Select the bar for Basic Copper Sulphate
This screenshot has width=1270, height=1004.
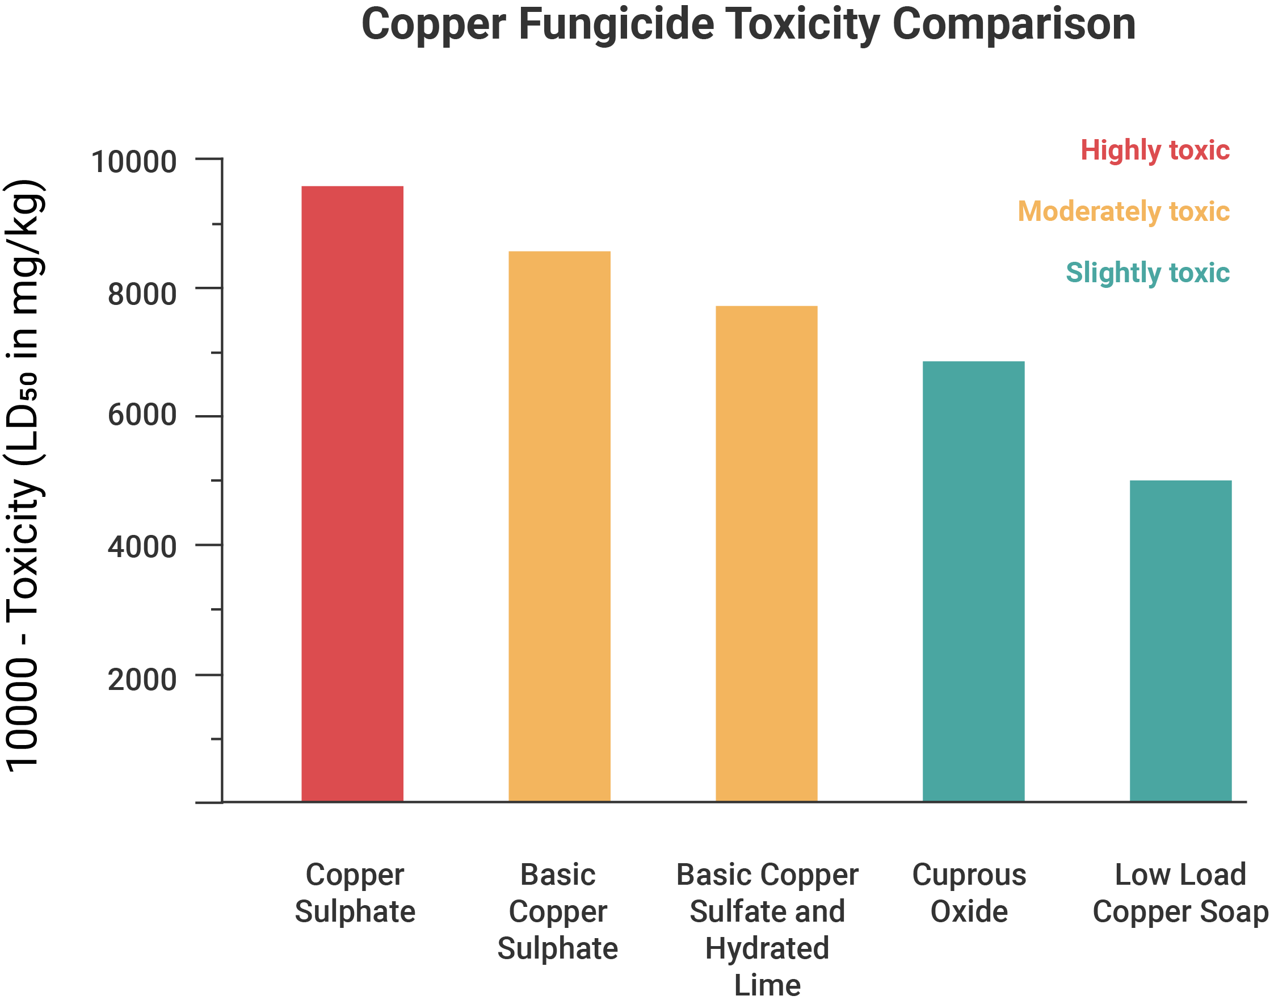(x=559, y=525)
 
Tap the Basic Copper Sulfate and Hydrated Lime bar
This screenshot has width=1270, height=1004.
(x=766, y=553)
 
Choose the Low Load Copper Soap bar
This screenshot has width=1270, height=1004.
(x=1180, y=640)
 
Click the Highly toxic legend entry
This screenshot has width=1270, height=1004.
(x=1155, y=150)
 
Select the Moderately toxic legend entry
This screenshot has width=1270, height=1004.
(x=1123, y=212)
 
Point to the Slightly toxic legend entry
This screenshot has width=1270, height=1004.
(x=1147, y=273)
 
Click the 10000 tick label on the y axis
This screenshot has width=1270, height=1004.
(x=134, y=162)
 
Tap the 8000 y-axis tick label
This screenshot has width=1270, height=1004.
(x=142, y=294)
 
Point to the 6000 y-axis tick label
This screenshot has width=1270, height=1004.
(x=142, y=415)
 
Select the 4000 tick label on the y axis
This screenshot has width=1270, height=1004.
(x=142, y=547)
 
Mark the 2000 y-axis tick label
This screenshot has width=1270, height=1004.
(x=142, y=680)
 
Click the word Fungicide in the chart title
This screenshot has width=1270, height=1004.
(x=616, y=24)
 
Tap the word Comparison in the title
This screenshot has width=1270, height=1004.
(x=1014, y=24)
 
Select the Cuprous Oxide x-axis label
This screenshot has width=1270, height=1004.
(x=969, y=893)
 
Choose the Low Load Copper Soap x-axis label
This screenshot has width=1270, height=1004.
(x=1180, y=893)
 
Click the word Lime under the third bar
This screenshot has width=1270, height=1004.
(x=767, y=985)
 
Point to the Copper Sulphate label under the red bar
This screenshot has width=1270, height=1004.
(x=355, y=893)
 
